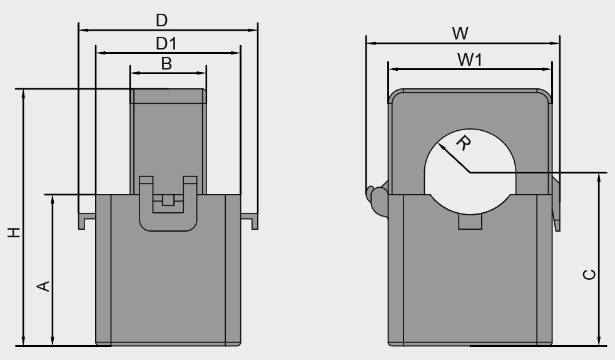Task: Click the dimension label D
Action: point(161,21)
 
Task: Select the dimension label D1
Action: point(166,44)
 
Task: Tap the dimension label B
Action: point(166,63)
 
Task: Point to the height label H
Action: point(14,232)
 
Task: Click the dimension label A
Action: point(43,286)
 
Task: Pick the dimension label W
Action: point(460,34)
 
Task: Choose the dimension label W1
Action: point(469,60)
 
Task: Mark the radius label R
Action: point(463,143)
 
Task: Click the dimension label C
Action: point(589,274)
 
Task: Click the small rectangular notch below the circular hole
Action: point(470,222)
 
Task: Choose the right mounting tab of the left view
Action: point(250,220)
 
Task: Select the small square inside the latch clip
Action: point(167,200)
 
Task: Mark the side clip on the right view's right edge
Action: point(556,203)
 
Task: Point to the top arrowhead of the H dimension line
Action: point(24,92)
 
